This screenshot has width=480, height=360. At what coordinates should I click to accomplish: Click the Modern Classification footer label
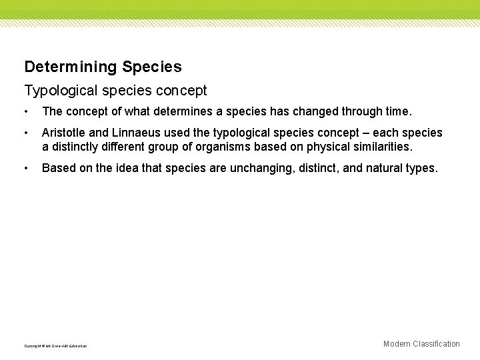click(x=421, y=344)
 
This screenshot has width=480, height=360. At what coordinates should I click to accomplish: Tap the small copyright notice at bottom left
click(x=55, y=346)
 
